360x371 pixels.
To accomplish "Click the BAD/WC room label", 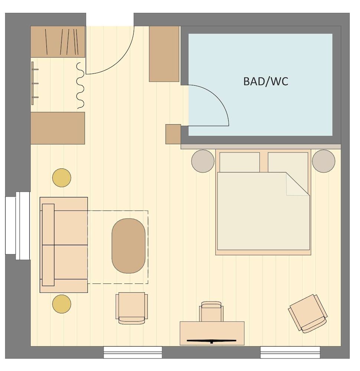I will tap(265, 81).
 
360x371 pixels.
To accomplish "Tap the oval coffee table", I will tap(128, 246).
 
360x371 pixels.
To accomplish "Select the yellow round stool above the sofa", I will tap(62, 178).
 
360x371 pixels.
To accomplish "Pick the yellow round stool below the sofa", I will tap(62, 304).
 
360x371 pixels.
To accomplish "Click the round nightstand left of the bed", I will tap(203, 161).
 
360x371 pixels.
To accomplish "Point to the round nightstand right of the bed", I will tap(324, 161).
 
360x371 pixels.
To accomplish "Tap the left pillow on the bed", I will tap(239, 162).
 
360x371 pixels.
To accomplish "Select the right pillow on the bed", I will tap(288, 162).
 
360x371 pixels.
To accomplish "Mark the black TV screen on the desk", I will tap(212, 340).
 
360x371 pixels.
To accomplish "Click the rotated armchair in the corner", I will tap(308, 313).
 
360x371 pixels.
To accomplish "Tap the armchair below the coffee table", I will tap(131, 308).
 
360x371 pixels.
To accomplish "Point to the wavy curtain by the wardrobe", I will tap(80, 86).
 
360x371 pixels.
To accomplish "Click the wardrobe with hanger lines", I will tap(58, 42).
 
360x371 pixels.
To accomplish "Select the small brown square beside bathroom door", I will tap(173, 134).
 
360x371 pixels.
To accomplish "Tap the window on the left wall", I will tap(17, 226).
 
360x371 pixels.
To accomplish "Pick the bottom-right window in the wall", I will tap(290, 352).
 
